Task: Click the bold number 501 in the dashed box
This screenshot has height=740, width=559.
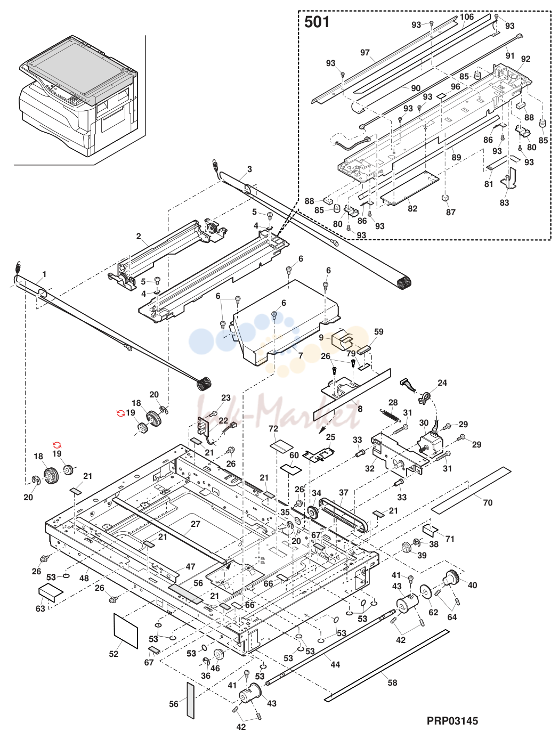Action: (x=317, y=22)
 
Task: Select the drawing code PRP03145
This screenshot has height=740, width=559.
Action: (x=452, y=721)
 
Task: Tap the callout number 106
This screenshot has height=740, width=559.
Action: (x=467, y=17)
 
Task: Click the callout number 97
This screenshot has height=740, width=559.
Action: (x=365, y=53)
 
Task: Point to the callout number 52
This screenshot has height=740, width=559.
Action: (x=114, y=654)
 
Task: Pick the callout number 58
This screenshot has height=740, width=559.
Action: (x=392, y=682)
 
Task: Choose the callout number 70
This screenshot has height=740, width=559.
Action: (x=488, y=503)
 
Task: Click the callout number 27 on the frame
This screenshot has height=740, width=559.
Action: (x=196, y=524)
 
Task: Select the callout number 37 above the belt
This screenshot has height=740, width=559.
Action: (x=343, y=493)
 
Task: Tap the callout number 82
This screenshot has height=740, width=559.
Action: (x=412, y=208)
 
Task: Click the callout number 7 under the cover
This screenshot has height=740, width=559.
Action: (x=301, y=356)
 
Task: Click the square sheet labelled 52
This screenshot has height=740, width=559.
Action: (x=126, y=631)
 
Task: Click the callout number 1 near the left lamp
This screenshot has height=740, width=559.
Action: (x=44, y=274)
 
